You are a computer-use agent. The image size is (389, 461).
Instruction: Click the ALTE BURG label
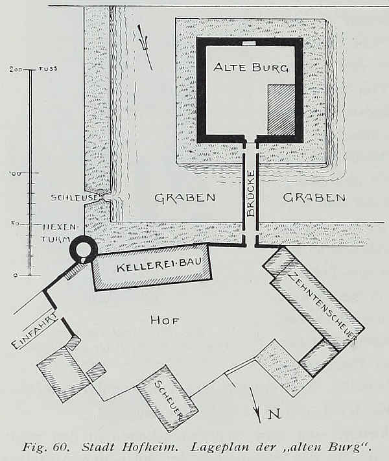(251, 67)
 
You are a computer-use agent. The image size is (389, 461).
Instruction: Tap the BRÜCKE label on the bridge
(250, 194)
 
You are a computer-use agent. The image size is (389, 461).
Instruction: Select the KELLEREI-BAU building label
(159, 265)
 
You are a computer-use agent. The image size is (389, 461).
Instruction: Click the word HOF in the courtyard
(165, 320)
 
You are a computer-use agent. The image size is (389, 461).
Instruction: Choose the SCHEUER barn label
(169, 398)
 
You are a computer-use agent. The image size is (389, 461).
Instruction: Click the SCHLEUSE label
(74, 198)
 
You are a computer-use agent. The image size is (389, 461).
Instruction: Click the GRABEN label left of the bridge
(185, 198)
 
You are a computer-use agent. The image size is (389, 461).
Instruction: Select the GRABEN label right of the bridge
(314, 198)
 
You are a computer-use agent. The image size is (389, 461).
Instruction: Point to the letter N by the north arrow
(275, 414)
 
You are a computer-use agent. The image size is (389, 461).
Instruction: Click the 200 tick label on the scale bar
(16, 69)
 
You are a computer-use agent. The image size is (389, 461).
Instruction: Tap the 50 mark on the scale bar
(16, 224)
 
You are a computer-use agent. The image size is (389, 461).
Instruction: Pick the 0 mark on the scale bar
(15, 276)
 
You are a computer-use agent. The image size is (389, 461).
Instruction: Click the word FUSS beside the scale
(48, 69)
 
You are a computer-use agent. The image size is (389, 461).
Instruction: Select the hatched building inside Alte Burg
(281, 110)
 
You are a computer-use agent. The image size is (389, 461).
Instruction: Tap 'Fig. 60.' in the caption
(45, 448)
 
